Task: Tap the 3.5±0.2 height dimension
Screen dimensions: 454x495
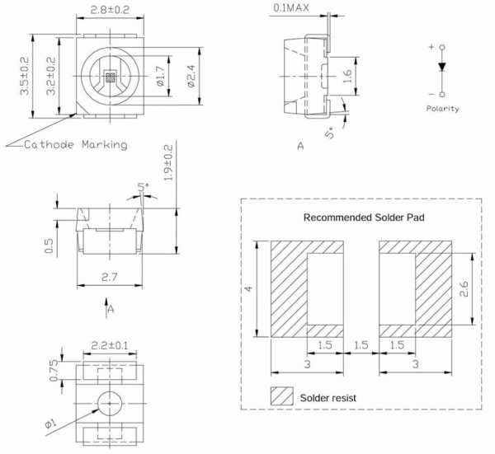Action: click(x=24, y=74)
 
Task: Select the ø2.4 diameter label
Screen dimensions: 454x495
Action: click(x=192, y=74)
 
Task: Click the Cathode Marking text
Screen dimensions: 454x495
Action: click(x=75, y=145)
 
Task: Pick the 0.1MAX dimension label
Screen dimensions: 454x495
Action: click(x=293, y=8)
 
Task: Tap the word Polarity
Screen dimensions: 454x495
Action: click(x=442, y=109)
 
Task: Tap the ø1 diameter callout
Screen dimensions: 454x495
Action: click(x=50, y=423)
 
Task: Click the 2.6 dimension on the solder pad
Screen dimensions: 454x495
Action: click(x=464, y=288)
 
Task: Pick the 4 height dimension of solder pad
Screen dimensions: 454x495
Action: click(x=248, y=288)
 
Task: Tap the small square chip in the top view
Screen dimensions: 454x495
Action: click(x=111, y=79)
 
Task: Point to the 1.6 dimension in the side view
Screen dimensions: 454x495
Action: click(x=348, y=77)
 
